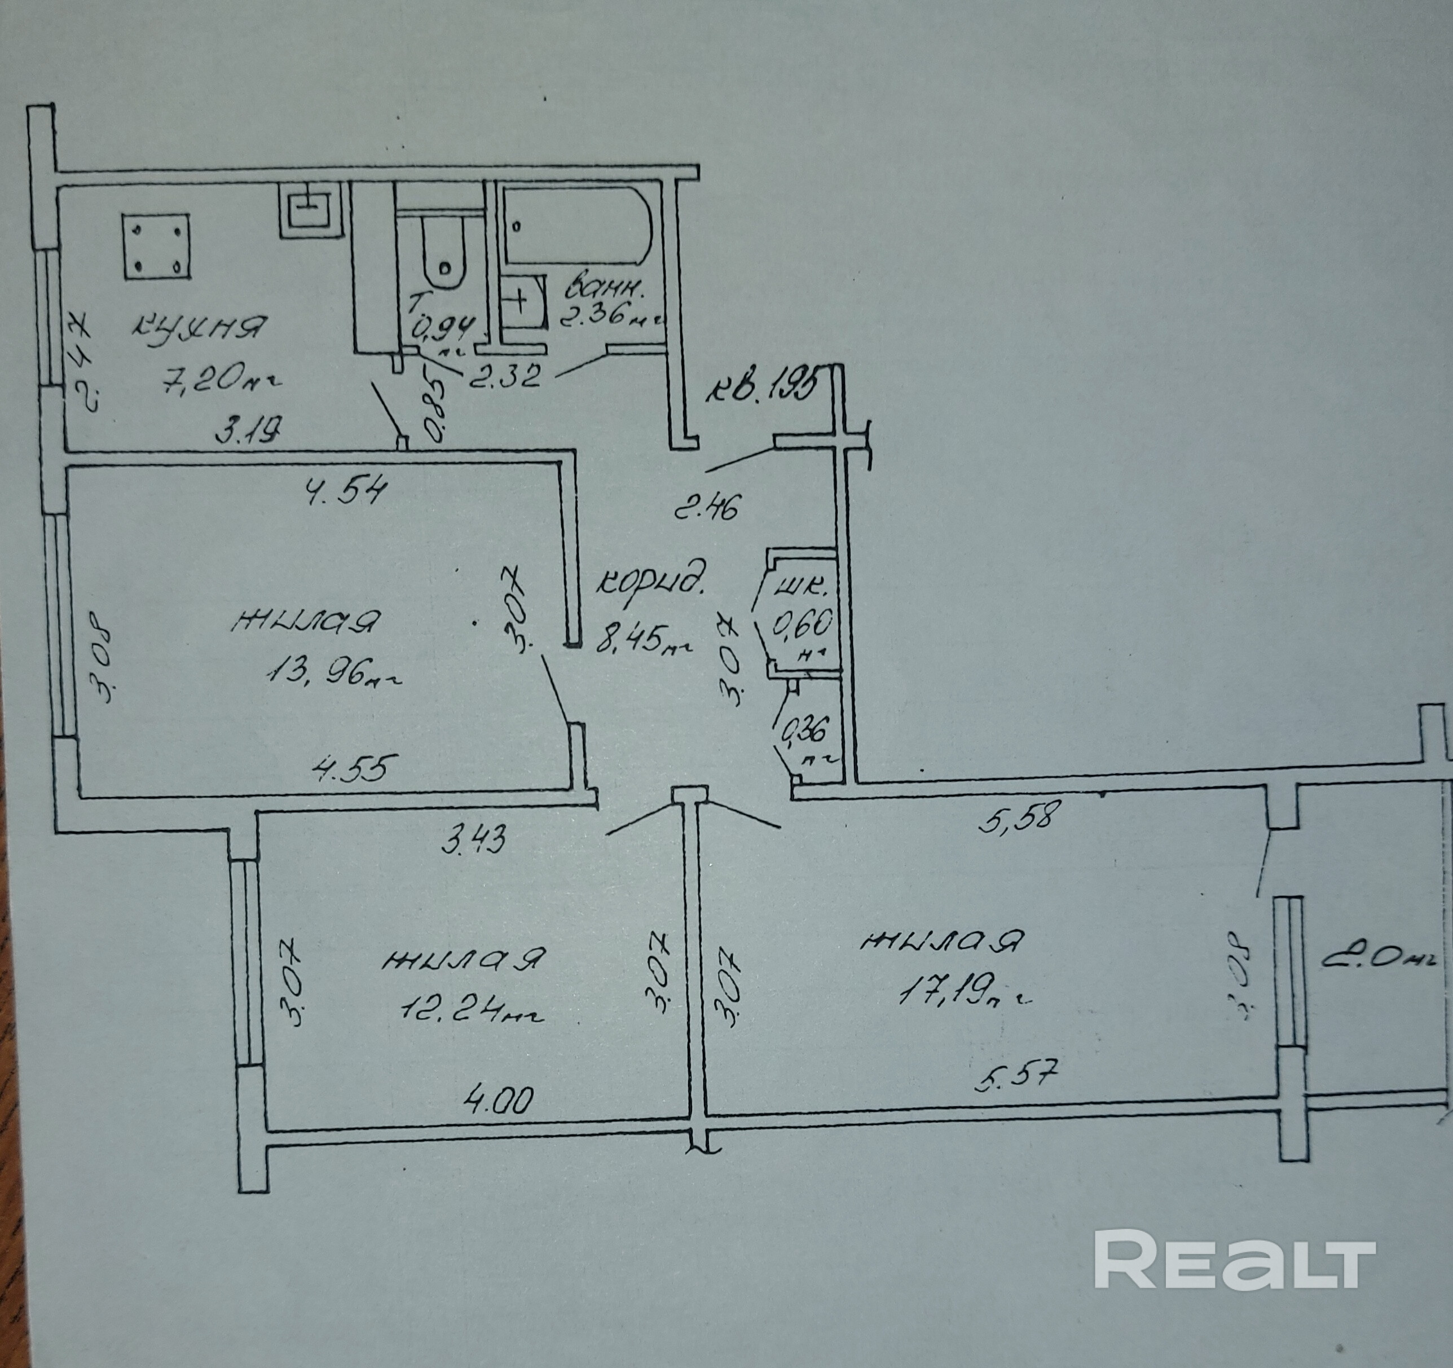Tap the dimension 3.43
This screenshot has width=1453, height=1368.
tap(474, 840)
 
